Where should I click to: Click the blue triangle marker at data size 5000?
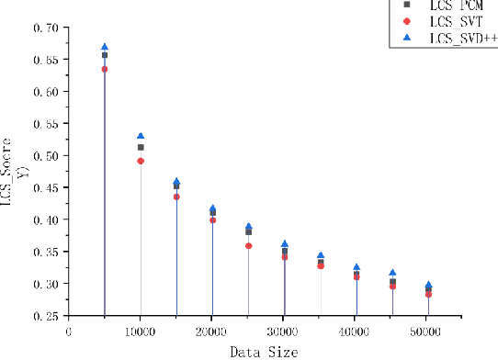pyautogui.click(x=105, y=47)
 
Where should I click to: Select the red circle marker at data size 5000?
pyautogui.click(x=105, y=69)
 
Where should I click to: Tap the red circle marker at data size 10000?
pyautogui.click(x=141, y=161)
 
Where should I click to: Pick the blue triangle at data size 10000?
pyautogui.click(x=141, y=136)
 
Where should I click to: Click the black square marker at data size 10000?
pyautogui.click(x=141, y=147)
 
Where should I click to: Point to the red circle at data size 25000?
pyautogui.click(x=248, y=246)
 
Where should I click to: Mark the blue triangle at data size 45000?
pyautogui.click(x=392, y=273)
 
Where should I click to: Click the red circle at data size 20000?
pyautogui.click(x=212, y=220)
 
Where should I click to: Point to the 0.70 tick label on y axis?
pyautogui.click(x=44, y=28)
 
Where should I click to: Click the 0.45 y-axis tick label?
pyautogui.click(x=44, y=188)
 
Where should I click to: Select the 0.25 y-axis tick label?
pyautogui.click(x=44, y=316)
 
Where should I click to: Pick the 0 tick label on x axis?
pyautogui.click(x=68, y=331)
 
